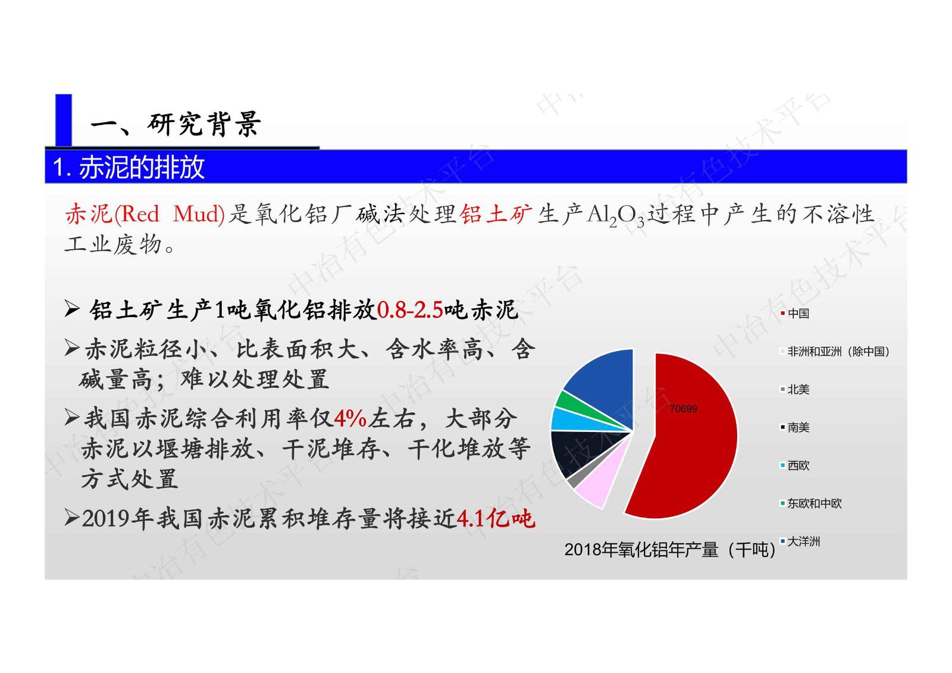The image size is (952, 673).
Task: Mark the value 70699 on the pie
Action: [682, 409]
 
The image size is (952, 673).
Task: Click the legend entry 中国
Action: [798, 314]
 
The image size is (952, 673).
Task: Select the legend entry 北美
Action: [798, 390]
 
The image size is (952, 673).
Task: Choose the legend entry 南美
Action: [798, 428]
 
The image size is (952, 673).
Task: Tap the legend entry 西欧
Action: [798, 466]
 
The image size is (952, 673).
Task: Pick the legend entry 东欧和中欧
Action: [814, 503]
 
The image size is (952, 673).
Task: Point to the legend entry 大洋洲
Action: [803, 541]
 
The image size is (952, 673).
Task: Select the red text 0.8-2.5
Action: [410, 310]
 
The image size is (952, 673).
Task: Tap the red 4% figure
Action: [350, 419]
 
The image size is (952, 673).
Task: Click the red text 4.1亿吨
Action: [496, 519]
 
